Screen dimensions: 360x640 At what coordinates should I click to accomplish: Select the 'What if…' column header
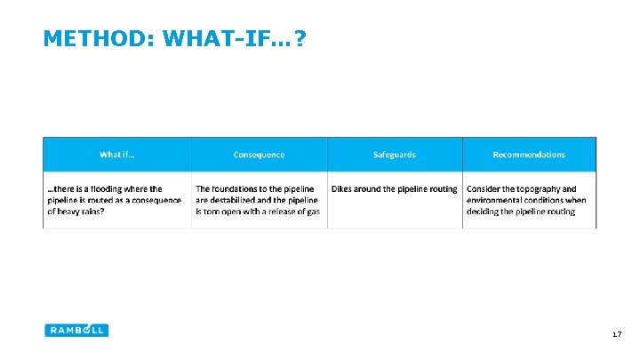point(117,155)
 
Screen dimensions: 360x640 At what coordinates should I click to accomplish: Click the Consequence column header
point(259,155)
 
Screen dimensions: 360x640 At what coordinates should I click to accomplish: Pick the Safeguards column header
point(394,155)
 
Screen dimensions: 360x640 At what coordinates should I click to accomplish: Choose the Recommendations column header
point(529,155)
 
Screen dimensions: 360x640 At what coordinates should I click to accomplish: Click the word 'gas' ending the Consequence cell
point(312,212)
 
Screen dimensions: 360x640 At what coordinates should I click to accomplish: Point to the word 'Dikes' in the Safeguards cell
point(343,188)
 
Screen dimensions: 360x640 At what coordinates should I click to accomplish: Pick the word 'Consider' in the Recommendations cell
point(484,188)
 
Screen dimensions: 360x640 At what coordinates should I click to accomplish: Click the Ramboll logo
point(76,330)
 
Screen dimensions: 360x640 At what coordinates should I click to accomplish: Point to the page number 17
point(616,334)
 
